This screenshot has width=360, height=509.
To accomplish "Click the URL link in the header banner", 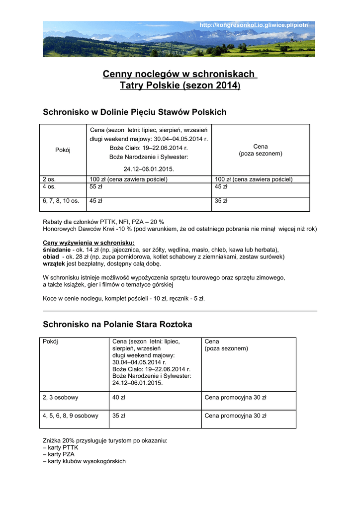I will pos(254,25).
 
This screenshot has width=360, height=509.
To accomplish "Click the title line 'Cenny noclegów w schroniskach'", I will pos(180,74).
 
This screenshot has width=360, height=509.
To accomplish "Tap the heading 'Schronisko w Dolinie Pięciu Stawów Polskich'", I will pos(135,112).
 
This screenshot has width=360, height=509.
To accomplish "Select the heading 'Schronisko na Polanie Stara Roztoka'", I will pos(117,325).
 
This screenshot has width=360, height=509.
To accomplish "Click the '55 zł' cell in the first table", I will pos(96,187).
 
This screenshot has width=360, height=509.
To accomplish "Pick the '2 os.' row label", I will pos(49,179).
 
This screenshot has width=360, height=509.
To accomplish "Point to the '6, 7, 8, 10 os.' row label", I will pos(61,201).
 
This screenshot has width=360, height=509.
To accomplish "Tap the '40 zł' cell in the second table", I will pos(119,398).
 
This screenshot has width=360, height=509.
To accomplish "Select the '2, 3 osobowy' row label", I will pos(61,398).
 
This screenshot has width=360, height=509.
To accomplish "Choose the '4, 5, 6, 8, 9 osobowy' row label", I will pos(71,416).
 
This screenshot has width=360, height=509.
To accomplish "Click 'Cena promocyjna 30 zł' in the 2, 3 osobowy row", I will pos(235,398).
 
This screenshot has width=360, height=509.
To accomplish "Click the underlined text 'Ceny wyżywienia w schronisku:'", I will pos(82,243).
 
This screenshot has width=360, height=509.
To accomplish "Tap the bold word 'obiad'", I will pos(51,256).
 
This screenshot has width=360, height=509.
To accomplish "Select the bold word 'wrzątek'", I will pos(54,263).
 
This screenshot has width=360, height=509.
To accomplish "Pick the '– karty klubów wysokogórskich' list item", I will pos(85,461).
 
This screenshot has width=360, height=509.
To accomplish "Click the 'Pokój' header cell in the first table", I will pos(63,150).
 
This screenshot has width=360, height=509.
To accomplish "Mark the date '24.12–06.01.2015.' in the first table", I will pos(149,169).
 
